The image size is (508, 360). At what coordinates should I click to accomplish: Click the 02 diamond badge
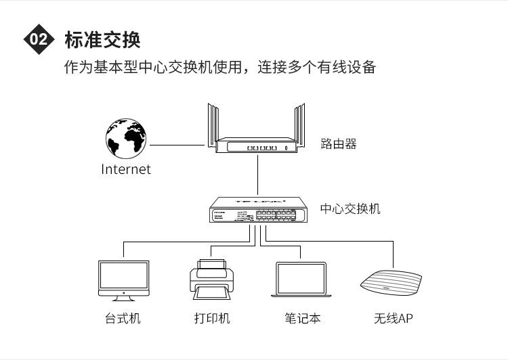(x=39, y=40)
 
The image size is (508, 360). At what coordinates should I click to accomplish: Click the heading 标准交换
(x=102, y=40)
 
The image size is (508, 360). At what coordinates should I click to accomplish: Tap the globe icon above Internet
(x=126, y=138)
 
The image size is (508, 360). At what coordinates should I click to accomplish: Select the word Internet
(x=126, y=169)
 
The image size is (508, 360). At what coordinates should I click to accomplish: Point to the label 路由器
(x=339, y=143)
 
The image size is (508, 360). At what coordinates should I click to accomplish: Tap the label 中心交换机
(x=350, y=208)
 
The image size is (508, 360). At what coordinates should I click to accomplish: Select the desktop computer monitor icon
(x=123, y=279)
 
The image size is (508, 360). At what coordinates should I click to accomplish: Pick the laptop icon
(x=301, y=279)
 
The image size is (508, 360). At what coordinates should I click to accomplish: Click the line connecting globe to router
(x=176, y=144)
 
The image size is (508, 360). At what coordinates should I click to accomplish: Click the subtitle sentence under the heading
(x=219, y=68)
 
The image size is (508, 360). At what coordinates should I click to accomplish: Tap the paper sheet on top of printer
(x=212, y=265)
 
